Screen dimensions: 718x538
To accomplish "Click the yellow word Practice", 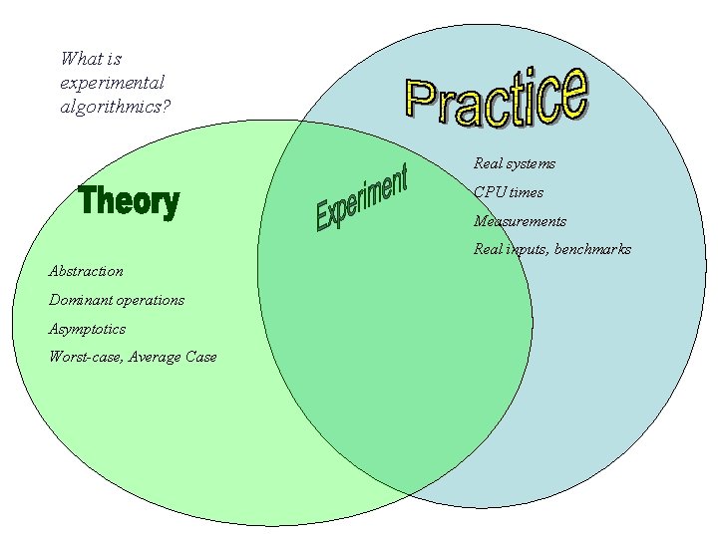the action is point(496,97).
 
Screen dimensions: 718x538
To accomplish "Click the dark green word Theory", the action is point(129,201).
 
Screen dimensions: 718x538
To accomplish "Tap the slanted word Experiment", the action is point(361,198).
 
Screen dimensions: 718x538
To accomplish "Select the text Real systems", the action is point(515,163).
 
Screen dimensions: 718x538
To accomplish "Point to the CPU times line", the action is point(509,192).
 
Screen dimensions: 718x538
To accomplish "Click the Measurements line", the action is point(520,221).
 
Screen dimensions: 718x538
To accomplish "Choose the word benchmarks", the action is point(592,249).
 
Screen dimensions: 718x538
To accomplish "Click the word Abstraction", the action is point(86,271).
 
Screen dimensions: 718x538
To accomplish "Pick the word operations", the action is point(150,300).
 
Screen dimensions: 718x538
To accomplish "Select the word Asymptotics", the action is point(87,329).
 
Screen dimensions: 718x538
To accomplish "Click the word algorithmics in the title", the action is point(115,106).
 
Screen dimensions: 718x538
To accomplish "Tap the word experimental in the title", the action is point(112,83).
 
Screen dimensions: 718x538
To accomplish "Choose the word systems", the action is point(531,163).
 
